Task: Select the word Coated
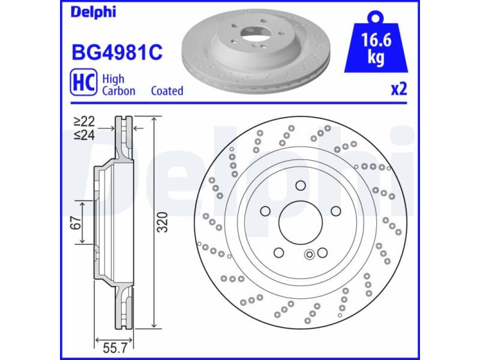167,91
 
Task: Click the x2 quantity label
398,90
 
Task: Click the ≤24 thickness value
85,135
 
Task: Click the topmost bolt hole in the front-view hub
300,185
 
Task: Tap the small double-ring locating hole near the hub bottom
310,254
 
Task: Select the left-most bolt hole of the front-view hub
265,211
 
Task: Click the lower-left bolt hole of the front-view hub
278,253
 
